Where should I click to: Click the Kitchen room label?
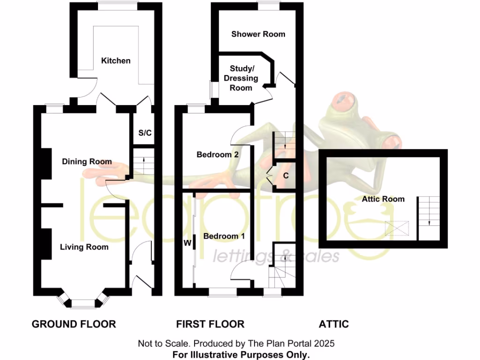click(x=116, y=60)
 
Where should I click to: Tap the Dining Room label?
click(x=87, y=162)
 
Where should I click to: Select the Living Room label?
click(x=84, y=247)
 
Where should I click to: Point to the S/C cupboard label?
click(x=145, y=133)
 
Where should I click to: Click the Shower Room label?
click(x=258, y=34)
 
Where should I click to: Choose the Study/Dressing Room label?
click(x=241, y=78)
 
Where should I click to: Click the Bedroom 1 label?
click(x=224, y=236)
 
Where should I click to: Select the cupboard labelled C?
click(x=285, y=176)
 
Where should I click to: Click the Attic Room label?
click(x=383, y=199)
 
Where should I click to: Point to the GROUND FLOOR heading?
click(x=74, y=324)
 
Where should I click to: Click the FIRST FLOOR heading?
click(x=210, y=324)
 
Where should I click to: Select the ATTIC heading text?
click(x=334, y=324)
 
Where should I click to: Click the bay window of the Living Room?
click(x=82, y=303)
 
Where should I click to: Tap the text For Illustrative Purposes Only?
click(x=241, y=354)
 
